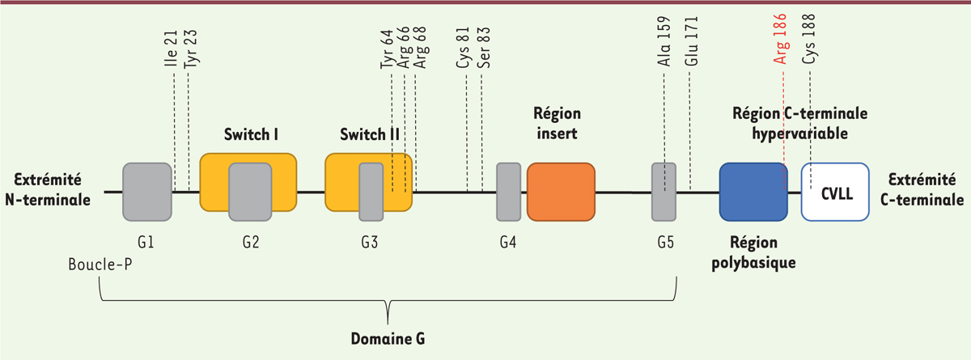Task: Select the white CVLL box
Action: tap(835, 192)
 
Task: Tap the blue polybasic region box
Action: tap(753, 192)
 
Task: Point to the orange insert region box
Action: tap(561, 192)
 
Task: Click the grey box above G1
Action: tap(147, 192)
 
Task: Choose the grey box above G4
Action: tap(508, 192)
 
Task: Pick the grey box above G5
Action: tap(664, 192)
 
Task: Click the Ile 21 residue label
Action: tap(171, 53)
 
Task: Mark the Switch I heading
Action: tap(251, 134)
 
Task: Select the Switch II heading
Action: tap(370, 134)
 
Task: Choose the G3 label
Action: tap(371, 242)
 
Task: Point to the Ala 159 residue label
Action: tap(664, 51)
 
